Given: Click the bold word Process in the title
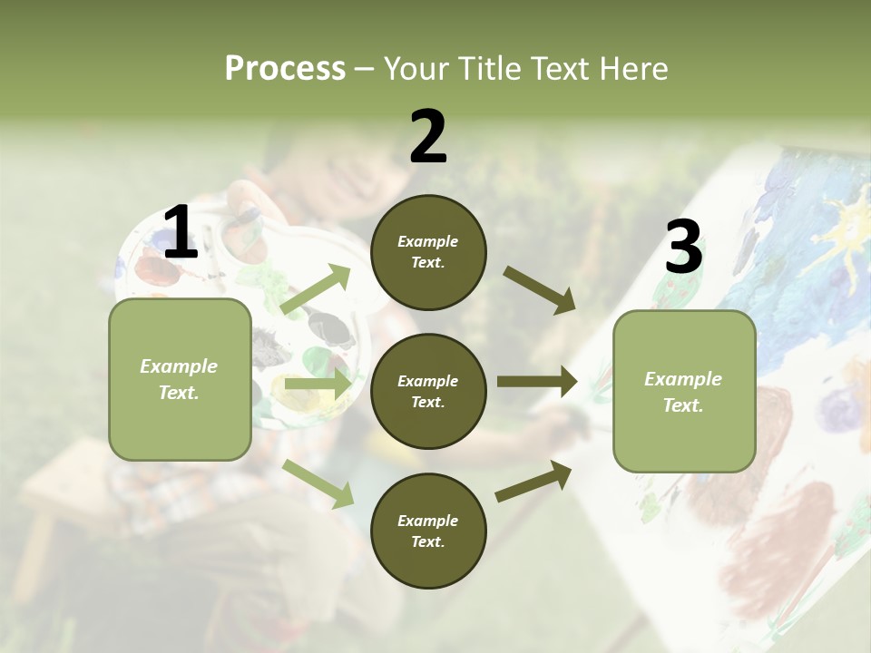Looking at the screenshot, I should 285,69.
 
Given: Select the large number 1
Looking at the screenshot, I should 181,233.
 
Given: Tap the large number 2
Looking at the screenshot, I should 428,137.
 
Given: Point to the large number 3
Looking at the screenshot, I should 683,248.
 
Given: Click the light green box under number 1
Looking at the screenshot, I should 180,379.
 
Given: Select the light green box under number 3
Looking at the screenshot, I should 684,391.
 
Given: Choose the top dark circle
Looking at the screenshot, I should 428,252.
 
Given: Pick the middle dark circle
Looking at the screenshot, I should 428,391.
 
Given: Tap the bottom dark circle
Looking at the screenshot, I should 428,531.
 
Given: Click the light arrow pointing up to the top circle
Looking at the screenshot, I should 316,289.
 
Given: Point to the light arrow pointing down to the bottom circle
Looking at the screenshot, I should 318,483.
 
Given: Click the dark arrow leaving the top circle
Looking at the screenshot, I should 539,289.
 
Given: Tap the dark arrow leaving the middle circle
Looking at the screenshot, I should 537,382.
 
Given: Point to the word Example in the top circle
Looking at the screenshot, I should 428,241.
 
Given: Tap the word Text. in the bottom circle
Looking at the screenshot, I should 428,541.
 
